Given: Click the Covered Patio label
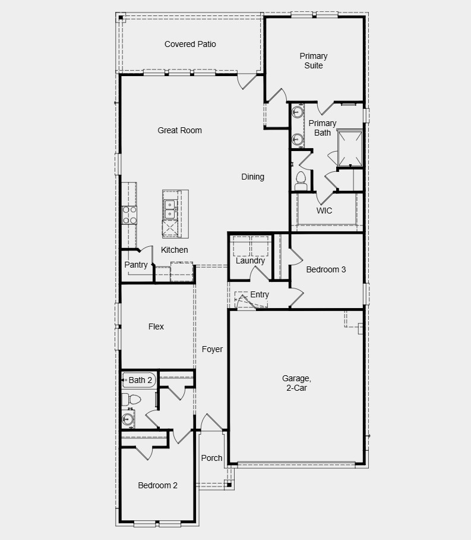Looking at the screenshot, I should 190,44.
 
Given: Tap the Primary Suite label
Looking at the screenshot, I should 314,61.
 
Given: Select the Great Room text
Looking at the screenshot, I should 179,130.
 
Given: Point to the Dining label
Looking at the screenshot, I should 252,177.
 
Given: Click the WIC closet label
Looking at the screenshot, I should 324,211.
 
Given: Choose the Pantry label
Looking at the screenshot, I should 136,265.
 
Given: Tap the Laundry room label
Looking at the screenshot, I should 250,260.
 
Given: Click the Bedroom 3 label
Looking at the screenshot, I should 326,269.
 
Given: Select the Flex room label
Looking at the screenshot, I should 156,326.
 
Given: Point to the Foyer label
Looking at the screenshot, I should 212,349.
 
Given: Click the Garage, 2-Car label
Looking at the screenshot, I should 296,383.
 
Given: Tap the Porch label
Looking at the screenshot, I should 211,458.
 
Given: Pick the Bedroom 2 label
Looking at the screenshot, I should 158,485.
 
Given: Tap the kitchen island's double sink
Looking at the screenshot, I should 170,209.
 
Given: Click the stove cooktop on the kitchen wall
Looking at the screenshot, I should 129,215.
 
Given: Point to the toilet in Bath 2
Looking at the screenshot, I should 129,398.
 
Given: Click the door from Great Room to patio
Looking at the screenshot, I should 248,81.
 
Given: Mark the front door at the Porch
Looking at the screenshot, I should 211,423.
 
